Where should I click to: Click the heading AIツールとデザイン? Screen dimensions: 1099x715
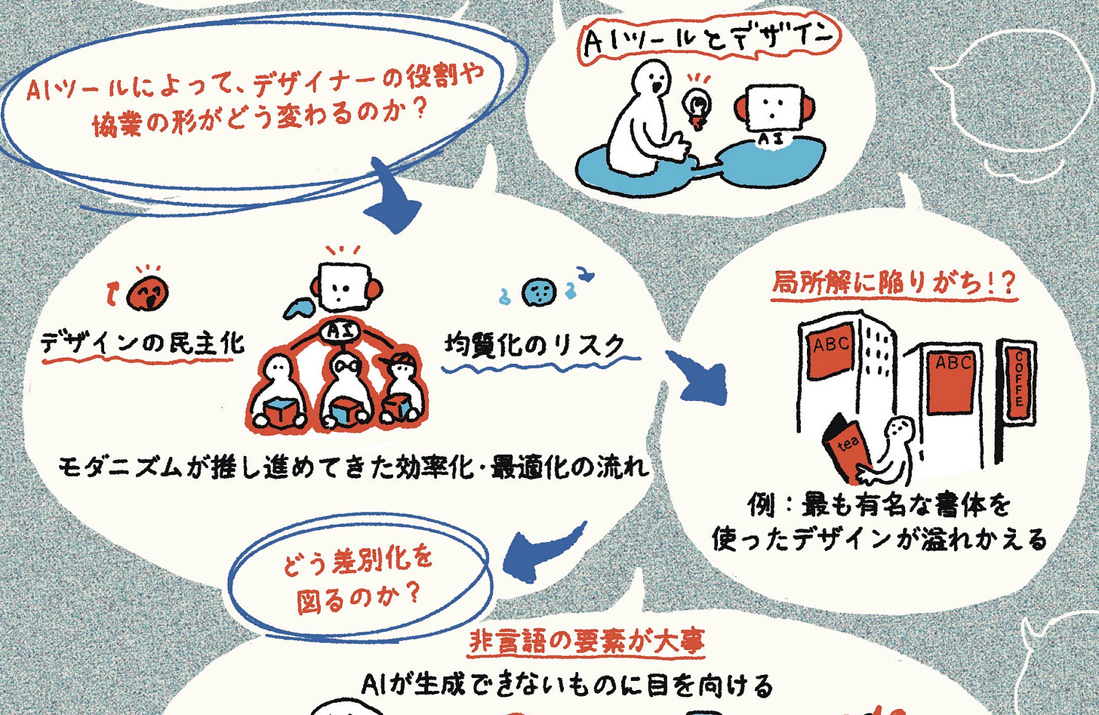pos(708,41)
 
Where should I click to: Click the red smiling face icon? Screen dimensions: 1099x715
pos(147,291)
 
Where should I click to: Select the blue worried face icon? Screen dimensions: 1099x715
pos(540,291)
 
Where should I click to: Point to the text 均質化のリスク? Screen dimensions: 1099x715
pos(535,346)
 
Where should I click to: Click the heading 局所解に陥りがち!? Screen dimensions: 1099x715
pos(894,283)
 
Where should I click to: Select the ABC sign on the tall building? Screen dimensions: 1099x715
pos(832,345)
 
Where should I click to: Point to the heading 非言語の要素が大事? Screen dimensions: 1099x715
pos(586,643)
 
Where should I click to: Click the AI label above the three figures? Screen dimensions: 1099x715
pos(340,329)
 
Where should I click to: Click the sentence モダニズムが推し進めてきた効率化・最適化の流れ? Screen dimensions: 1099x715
pos(353,467)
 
